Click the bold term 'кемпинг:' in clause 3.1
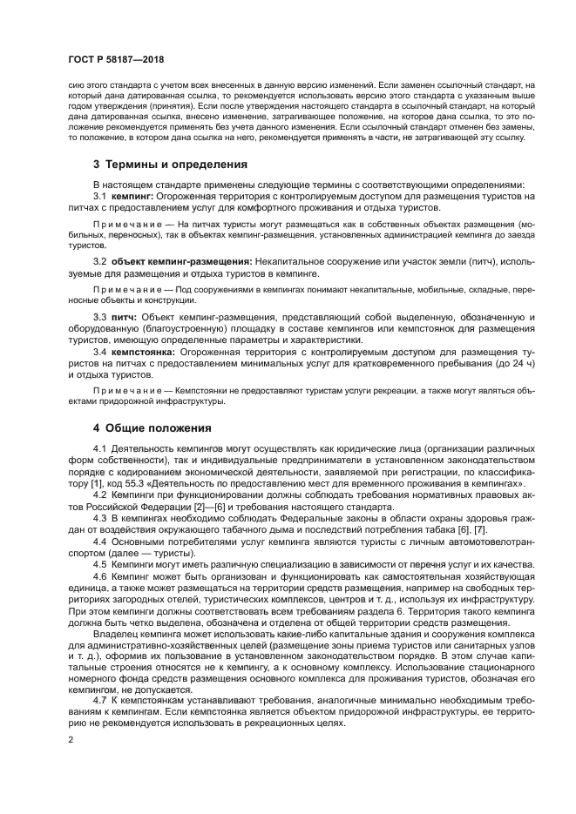point(132,198)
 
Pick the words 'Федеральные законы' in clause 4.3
point(292,518)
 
